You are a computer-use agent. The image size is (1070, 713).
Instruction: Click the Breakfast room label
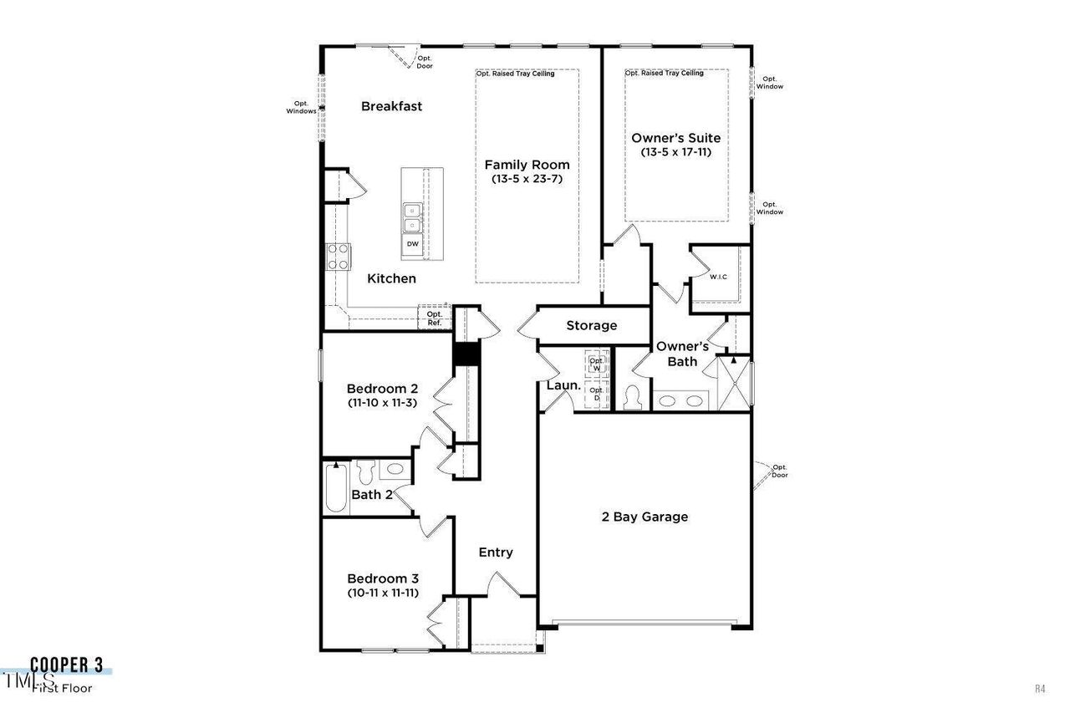click(x=391, y=106)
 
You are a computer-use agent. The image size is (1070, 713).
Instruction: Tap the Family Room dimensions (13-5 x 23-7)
click(x=527, y=179)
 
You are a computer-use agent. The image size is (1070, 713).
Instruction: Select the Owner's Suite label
click(x=675, y=138)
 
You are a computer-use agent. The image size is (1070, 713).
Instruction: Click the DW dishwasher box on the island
click(x=412, y=244)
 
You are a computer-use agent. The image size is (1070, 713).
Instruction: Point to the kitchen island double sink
click(x=412, y=218)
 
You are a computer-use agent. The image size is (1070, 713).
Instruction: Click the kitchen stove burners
click(x=338, y=257)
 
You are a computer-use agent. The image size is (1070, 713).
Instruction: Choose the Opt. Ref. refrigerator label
click(x=434, y=318)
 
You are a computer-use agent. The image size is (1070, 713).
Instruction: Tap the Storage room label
click(x=591, y=325)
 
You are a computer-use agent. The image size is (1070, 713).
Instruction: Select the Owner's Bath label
click(x=682, y=354)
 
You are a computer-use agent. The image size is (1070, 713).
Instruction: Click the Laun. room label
click(x=563, y=385)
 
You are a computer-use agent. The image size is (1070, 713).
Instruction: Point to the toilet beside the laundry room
click(x=632, y=397)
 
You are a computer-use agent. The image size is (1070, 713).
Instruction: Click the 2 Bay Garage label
click(x=645, y=517)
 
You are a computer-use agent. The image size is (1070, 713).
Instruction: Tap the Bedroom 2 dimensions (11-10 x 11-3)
click(x=382, y=403)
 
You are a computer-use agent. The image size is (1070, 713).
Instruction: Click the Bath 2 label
click(x=371, y=494)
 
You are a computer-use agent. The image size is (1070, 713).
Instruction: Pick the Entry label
click(x=495, y=553)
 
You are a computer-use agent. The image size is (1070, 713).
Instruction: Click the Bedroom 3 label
click(x=383, y=578)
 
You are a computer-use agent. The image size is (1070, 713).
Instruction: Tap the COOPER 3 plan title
click(x=67, y=665)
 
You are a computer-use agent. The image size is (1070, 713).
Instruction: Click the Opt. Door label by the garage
click(x=779, y=471)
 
